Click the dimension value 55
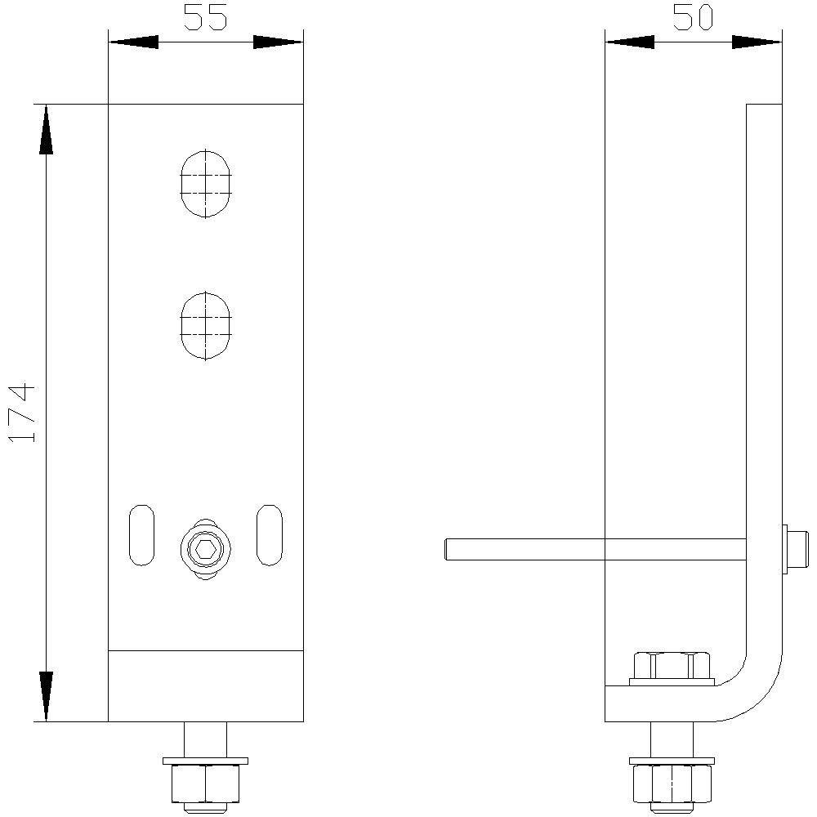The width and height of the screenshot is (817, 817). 205,16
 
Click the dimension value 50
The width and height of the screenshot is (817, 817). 693,16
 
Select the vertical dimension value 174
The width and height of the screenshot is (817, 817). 22,413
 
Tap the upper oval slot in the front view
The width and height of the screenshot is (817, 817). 206,183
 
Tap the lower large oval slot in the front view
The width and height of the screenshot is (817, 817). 206,326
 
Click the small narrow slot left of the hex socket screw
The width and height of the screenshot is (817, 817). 141,534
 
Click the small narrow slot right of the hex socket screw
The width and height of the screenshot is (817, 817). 270,534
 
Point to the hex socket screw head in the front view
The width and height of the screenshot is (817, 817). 206,549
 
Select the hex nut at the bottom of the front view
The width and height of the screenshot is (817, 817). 206,784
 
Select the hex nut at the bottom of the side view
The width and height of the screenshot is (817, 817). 672,784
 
